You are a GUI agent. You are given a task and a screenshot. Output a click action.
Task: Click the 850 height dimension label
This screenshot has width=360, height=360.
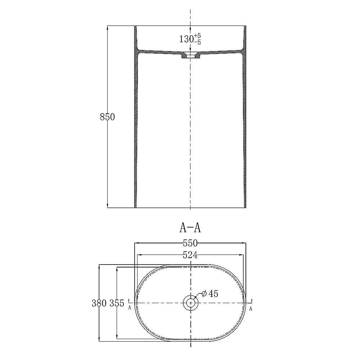pyautogui.click(x=107, y=117)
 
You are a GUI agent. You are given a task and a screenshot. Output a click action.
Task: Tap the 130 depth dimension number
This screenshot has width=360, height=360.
pyautogui.click(x=186, y=39)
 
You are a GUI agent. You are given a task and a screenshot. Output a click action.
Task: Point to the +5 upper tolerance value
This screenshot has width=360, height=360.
pyautogui.click(x=197, y=36)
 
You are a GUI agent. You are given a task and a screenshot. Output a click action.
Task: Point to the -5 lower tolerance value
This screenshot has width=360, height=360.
pyautogui.click(x=197, y=42)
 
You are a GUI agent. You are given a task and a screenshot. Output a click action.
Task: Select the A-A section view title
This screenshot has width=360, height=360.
pyautogui.click(x=190, y=228)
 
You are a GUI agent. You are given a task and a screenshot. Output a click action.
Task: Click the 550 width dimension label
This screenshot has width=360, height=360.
pyautogui.click(x=190, y=243)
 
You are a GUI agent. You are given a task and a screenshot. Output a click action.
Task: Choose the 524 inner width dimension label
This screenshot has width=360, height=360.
pyautogui.click(x=190, y=255)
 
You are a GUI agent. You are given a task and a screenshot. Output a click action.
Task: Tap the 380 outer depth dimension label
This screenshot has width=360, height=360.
pyautogui.click(x=99, y=303)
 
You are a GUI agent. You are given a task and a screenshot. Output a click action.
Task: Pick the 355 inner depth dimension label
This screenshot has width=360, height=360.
pyautogui.click(x=117, y=303)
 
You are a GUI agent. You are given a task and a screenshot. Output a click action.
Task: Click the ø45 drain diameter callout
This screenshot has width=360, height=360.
pyautogui.click(x=210, y=294)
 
